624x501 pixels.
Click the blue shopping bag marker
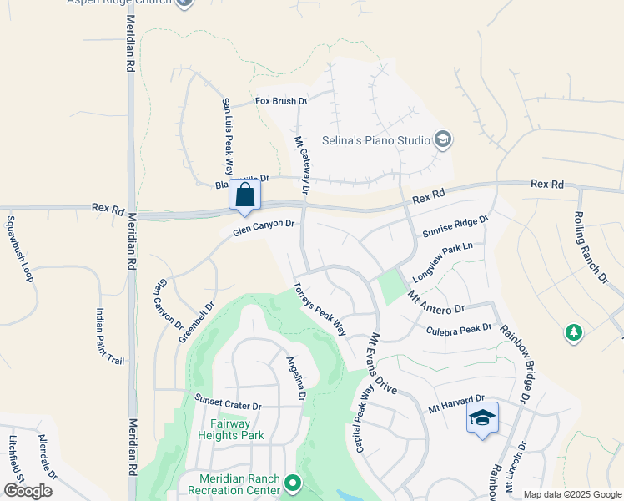point(245,195)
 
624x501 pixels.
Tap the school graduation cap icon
point(482,417)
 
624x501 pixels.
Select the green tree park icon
point(573,333)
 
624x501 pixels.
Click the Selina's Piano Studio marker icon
point(443,139)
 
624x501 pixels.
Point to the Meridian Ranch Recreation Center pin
point(292,483)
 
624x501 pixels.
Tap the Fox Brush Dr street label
point(281,101)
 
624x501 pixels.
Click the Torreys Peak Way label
point(319,308)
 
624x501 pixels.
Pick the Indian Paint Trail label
point(110,337)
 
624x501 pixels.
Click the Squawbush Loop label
point(18,249)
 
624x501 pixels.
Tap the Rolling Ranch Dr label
point(591,249)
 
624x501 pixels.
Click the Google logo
point(28,491)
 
